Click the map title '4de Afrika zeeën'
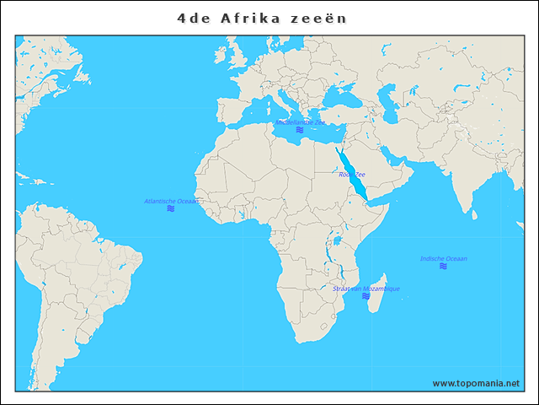[x=262, y=17]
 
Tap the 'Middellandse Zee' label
[x=300, y=122]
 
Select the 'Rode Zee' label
[x=352, y=175]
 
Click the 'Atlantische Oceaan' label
[x=172, y=201]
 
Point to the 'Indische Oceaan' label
[x=444, y=258]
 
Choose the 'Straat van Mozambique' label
[x=366, y=289]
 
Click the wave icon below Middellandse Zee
[x=300, y=131]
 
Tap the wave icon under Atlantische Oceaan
[x=171, y=208]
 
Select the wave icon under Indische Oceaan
[x=444, y=267]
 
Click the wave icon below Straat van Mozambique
[x=366, y=296]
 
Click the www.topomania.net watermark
[x=476, y=383]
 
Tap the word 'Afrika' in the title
[x=248, y=17]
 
